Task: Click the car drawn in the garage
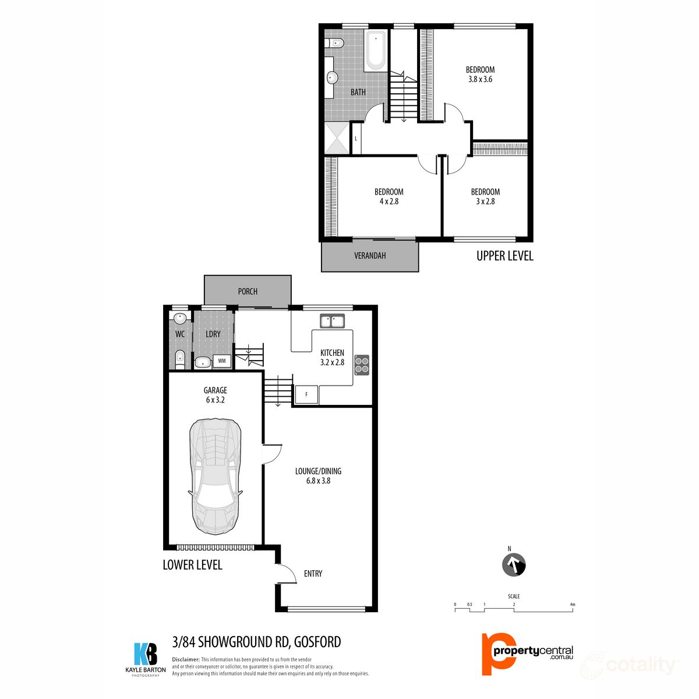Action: coord(214,473)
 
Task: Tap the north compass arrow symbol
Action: coord(514,564)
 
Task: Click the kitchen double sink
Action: coord(332,321)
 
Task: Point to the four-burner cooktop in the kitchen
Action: coord(362,364)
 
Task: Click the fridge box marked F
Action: coord(306,394)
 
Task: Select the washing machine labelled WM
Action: coord(221,361)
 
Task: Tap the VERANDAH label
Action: coord(370,256)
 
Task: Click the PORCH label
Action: coord(248,291)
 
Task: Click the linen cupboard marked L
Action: coord(356,139)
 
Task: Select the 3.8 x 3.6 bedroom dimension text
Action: coord(480,79)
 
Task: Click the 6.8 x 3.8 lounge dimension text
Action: coord(318,481)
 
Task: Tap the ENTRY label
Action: coord(313,574)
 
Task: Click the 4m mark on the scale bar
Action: coord(573,605)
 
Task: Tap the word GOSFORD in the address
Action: coord(317,642)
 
